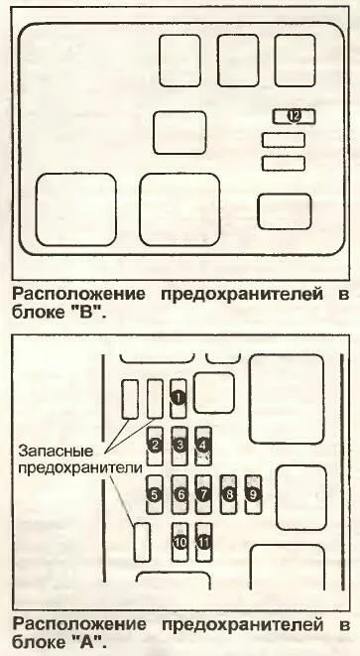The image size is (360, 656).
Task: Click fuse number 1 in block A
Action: (179, 398)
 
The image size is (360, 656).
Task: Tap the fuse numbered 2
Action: (155, 446)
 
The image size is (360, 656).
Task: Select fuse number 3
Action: (180, 446)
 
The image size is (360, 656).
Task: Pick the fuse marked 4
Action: (203, 446)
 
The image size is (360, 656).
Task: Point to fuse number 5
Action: (155, 494)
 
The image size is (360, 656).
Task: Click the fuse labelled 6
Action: (180, 494)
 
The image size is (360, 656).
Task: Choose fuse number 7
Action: (203, 494)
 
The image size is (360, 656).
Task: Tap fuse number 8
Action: (229, 494)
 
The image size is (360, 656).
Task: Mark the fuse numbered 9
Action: (253, 494)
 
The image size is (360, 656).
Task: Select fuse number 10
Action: (180, 542)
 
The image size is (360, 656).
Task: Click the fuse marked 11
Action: (204, 542)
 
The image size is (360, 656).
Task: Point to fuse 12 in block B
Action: (295, 116)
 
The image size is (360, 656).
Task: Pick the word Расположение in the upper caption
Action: (79, 296)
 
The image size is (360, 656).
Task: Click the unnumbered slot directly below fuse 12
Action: (284, 140)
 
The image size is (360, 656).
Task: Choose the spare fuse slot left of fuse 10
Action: (142, 542)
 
